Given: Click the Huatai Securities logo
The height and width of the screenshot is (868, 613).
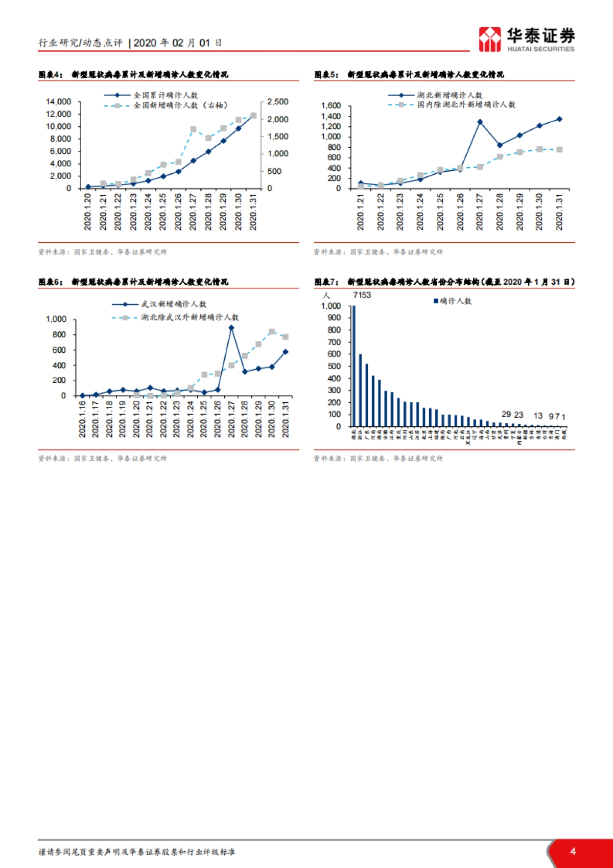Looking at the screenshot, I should (x=526, y=39).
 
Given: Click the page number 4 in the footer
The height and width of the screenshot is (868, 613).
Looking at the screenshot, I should (x=573, y=851).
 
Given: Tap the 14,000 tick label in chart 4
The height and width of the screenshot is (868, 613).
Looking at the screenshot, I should (x=59, y=102).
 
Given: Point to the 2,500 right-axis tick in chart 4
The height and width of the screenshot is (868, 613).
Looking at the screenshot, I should (x=278, y=102).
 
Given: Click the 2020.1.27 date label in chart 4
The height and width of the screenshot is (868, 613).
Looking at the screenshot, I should (x=193, y=212).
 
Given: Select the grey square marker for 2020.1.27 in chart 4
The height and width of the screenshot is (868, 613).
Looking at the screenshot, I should (x=193, y=130).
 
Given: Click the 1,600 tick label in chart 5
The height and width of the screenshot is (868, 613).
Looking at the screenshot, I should (x=331, y=106).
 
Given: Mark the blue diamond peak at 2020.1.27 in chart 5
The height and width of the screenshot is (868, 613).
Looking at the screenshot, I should (x=480, y=122).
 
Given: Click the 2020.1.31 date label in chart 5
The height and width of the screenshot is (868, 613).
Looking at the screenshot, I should (x=559, y=212).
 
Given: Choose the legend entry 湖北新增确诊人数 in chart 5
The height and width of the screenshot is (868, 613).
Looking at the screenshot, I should (x=450, y=95).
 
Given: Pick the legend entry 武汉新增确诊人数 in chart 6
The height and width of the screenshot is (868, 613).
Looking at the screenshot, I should (x=174, y=304).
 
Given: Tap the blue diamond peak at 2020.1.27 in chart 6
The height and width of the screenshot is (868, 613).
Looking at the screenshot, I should (x=231, y=328).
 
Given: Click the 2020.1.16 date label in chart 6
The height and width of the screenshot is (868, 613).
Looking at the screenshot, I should (x=82, y=419).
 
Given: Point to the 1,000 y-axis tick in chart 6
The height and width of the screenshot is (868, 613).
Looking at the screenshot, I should (x=56, y=319).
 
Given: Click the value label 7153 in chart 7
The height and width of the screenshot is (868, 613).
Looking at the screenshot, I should (x=362, y=295).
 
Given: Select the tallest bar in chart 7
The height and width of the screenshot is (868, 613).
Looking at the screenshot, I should (x=353, y=366).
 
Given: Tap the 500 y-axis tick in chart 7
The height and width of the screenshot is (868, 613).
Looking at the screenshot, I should (x=335, y=366).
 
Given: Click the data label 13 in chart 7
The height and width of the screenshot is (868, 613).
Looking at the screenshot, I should (x=538, y=416).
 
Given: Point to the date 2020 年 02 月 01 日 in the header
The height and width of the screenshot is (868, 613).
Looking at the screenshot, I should (x=178, y=43).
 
